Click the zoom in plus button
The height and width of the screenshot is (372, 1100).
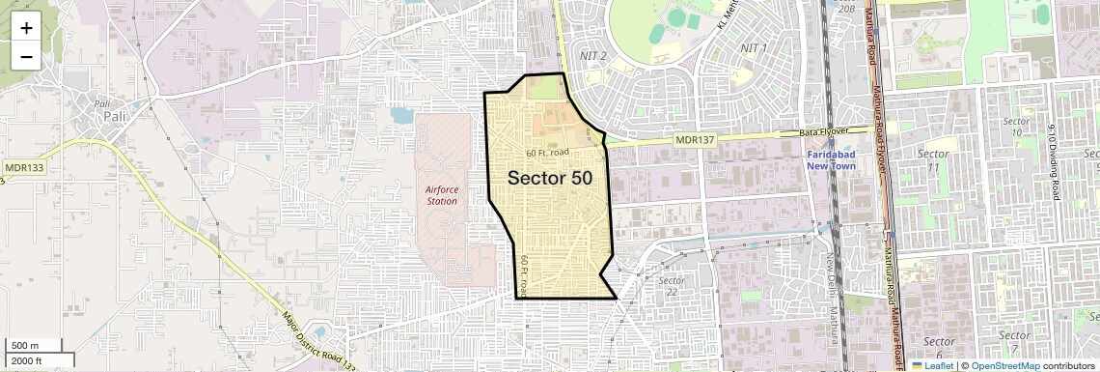26,27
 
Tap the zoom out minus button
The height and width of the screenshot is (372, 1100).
26,56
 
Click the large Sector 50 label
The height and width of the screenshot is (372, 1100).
550,178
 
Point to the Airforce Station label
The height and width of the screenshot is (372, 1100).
442,195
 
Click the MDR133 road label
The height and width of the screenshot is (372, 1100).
24,167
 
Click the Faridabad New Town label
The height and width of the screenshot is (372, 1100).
844,159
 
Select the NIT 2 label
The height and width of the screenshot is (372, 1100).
592,56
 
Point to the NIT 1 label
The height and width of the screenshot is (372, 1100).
753,47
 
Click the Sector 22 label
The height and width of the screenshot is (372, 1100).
672,286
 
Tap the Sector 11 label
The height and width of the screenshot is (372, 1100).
933,160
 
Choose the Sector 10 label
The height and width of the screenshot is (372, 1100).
1016,128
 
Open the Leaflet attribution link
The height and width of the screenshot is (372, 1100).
932,365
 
